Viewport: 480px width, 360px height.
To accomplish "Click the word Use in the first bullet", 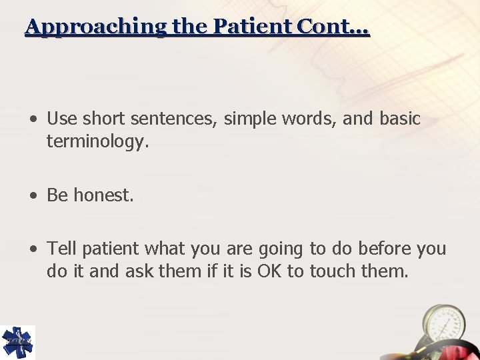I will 62,119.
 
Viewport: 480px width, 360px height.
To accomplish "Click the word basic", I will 400,119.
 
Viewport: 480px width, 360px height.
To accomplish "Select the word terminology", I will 94,141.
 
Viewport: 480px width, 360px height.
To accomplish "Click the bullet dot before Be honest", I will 33,196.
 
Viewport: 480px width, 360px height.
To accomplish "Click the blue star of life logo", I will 17,342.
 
